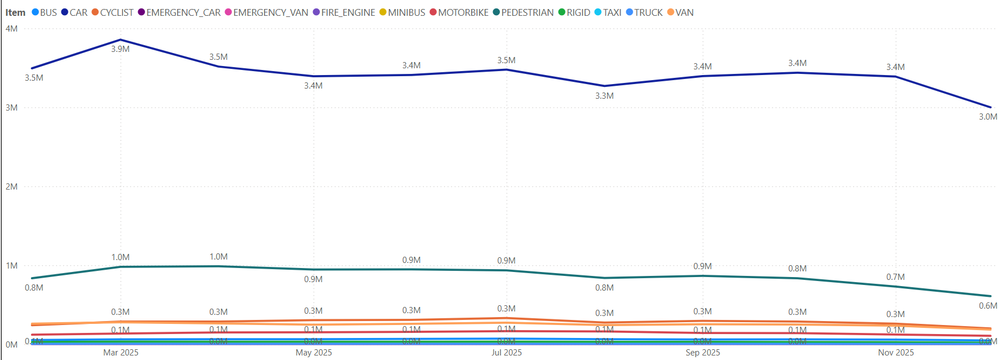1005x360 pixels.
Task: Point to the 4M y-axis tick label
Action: tap(11, 29)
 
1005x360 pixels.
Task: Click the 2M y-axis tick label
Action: tap(11, 187)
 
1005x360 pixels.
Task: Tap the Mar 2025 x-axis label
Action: tap(121, 353)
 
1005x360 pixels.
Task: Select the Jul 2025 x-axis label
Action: tap(507, 353)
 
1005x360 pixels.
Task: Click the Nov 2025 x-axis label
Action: tap(896, 353)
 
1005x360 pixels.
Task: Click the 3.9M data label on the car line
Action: tap(120, 49)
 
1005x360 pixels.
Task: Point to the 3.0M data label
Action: tap(988, 117)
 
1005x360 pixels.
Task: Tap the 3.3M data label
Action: tap(604, 96)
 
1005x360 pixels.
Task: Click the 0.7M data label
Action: tap(895, 277)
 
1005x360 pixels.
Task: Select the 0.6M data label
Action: tap(988, 306)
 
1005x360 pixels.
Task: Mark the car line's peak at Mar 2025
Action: tap(120, 40)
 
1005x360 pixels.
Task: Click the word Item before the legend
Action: tap(15, 12)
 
